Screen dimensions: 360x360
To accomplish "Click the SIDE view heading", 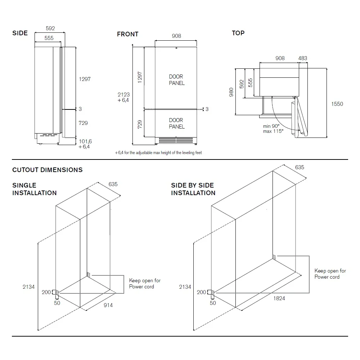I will click(20, 33).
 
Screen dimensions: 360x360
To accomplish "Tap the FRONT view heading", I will click(127, 34).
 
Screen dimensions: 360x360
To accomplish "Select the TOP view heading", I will click(238, 33).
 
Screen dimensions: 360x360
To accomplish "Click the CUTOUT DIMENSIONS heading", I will click(48, 170).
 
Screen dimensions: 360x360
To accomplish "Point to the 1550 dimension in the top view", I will click(337, 104).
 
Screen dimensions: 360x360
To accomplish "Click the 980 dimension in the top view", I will click(231, 92).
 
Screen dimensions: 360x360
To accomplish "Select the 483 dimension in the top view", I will click(303, 58).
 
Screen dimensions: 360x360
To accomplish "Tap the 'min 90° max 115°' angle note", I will click(273, 129).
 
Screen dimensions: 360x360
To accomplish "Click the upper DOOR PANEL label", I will click(176, 80).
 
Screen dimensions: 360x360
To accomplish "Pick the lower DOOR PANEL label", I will click(176, 123).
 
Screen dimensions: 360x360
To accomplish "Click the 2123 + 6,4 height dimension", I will click(123, 98).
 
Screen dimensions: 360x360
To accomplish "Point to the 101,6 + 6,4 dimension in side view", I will click(85, 144).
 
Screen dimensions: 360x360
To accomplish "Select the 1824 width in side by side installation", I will click(279, 298).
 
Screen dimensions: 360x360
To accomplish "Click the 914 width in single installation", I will click(108, 305).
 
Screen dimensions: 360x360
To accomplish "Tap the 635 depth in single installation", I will click(113, 184).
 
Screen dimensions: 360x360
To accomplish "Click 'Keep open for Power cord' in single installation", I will click(145, 283).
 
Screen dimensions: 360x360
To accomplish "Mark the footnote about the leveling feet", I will click(158, 153).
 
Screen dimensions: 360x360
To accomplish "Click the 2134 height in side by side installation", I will click(185, 287).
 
